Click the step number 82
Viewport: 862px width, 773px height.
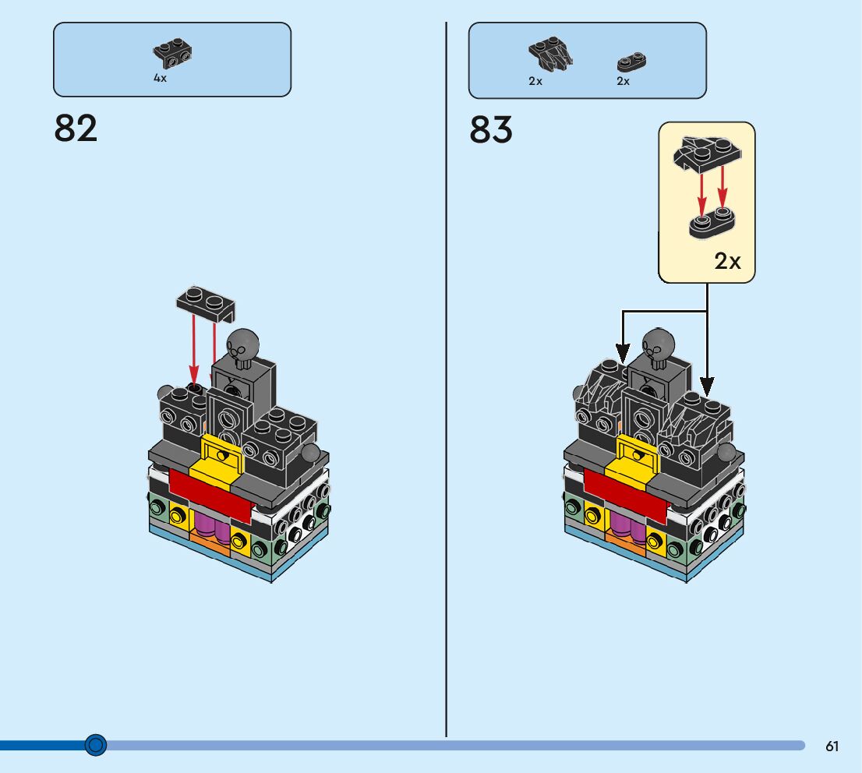click(76, 129)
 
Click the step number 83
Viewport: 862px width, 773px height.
click(491, 130)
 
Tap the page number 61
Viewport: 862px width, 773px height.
click(832, 746)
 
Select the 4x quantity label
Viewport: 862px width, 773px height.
click(160, 79)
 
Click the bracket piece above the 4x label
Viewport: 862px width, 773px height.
click(173, 54)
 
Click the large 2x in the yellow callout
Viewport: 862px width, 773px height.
click(728, 262)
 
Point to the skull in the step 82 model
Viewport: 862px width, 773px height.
click(242, 345)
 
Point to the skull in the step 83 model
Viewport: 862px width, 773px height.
click(658, 345)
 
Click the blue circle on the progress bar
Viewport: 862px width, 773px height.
click(95, 745)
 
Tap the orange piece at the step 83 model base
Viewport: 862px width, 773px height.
click(624, 545)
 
